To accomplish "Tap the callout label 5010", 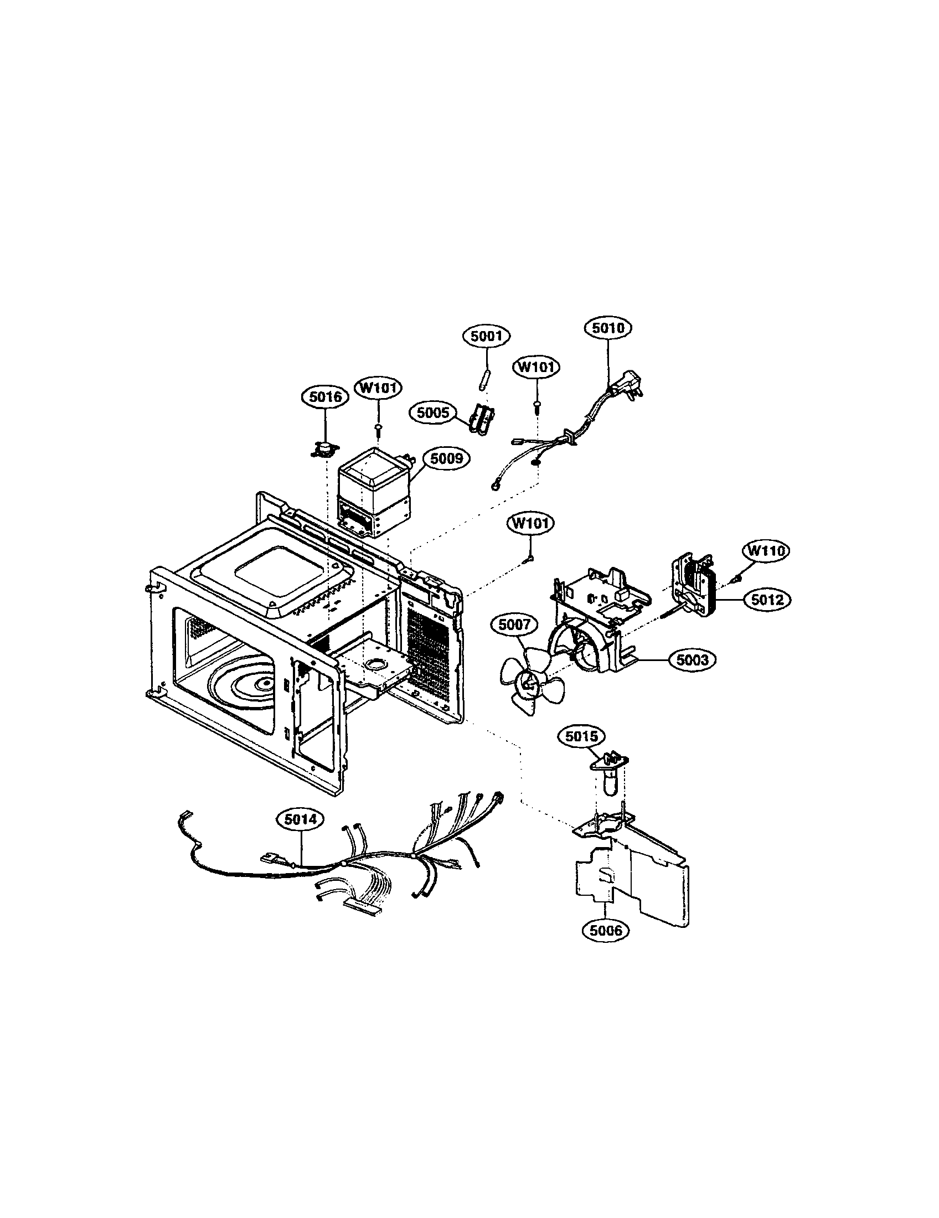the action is [x=608, y=328].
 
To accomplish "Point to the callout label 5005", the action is [x=433, y=413].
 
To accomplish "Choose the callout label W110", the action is [x=766, y=551].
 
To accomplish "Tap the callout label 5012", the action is [x=767, y=600].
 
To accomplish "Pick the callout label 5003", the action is [x=692, y=660].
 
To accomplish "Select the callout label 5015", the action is [x=581, y=737].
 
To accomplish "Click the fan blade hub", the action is [x=528, y=681].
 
